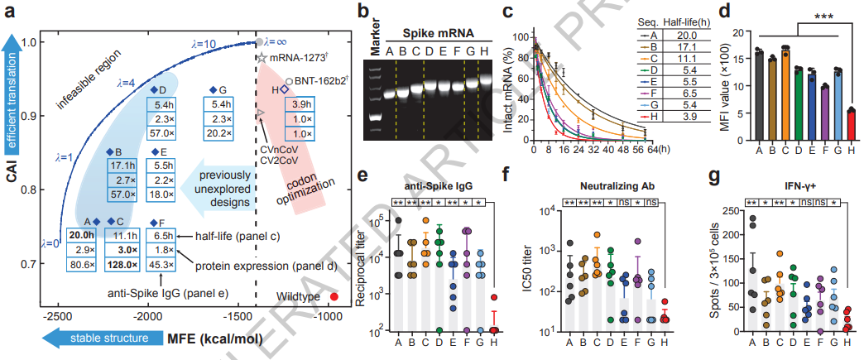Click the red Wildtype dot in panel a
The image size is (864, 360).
coord(334,296)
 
